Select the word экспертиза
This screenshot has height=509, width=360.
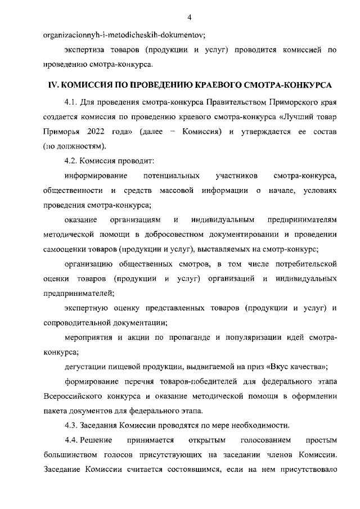(x=84, y=50)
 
